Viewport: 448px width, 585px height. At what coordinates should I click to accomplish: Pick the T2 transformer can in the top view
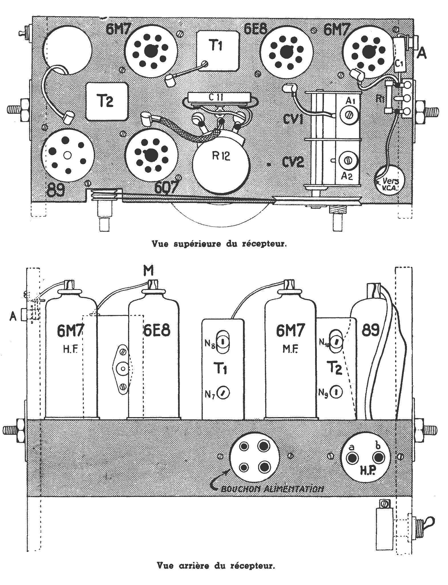[107, 101]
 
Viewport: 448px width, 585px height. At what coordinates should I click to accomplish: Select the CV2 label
[294, 163]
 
